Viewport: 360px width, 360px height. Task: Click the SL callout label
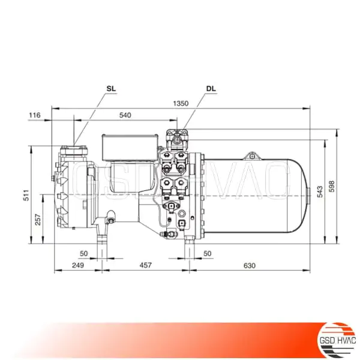[x=111, y=89]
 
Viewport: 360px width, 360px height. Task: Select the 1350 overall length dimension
[x=181, y=103]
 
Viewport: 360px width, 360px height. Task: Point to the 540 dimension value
[x=125, y=115]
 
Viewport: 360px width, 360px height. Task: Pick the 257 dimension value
[x=38, y=220]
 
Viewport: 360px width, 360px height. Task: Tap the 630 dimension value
[x=250, y=265]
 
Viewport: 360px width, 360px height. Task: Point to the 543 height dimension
[x=321, y=190]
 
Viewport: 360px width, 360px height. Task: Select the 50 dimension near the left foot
[x=83, y=254]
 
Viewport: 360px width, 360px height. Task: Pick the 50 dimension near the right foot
[x=208, y=254]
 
